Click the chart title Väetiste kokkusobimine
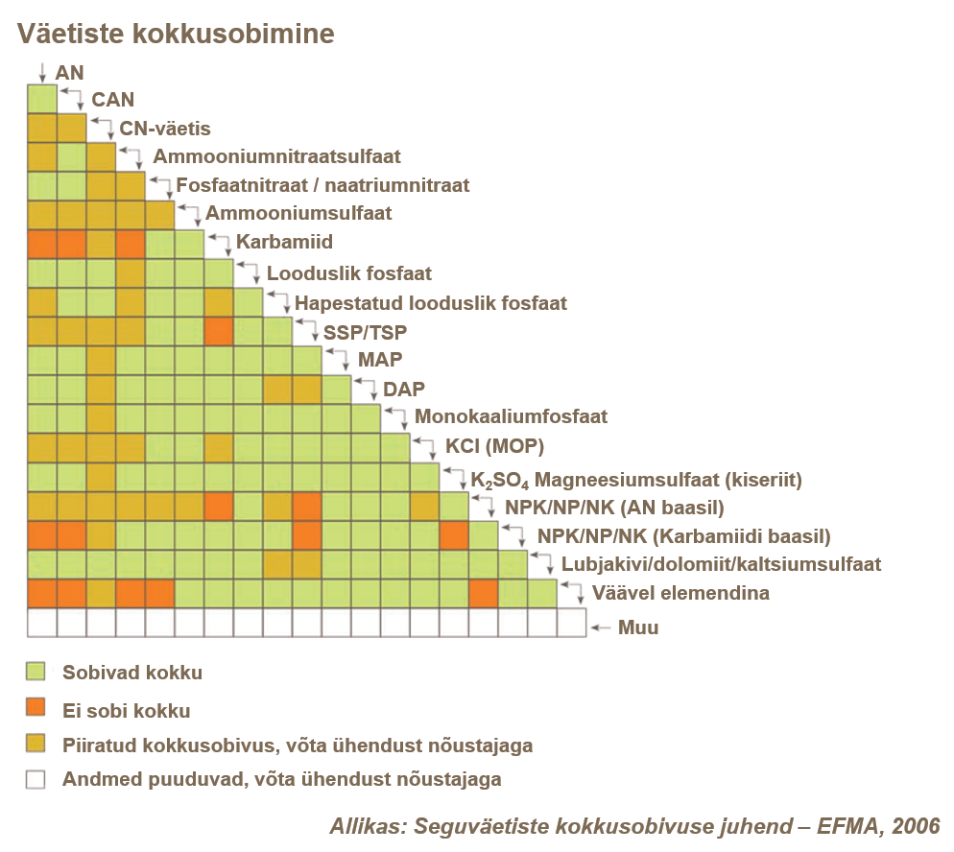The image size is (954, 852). (x=175, y=35)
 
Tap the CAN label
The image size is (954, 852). (x=112, y=99)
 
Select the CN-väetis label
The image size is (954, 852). (x=164, y=128)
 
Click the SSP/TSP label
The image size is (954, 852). (x=366, y=332)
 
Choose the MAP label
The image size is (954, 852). (x=380, y=361)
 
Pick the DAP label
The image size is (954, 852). (x=404, y=389)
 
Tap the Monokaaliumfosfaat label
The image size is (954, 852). (x=511, y=417)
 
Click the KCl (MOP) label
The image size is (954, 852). (x=494, y=447)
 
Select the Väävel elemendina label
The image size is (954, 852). (x=680, y=593)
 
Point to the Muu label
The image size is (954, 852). (x=638, y=628)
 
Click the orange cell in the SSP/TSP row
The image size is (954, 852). (x=219, y=331)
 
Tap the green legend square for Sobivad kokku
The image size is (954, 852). (x=36, y=673)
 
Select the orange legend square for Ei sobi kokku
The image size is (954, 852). (x=36, y=709)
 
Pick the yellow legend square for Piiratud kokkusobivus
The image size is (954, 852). (x=36, y=745)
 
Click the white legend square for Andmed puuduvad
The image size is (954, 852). (x=36, y=779)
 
